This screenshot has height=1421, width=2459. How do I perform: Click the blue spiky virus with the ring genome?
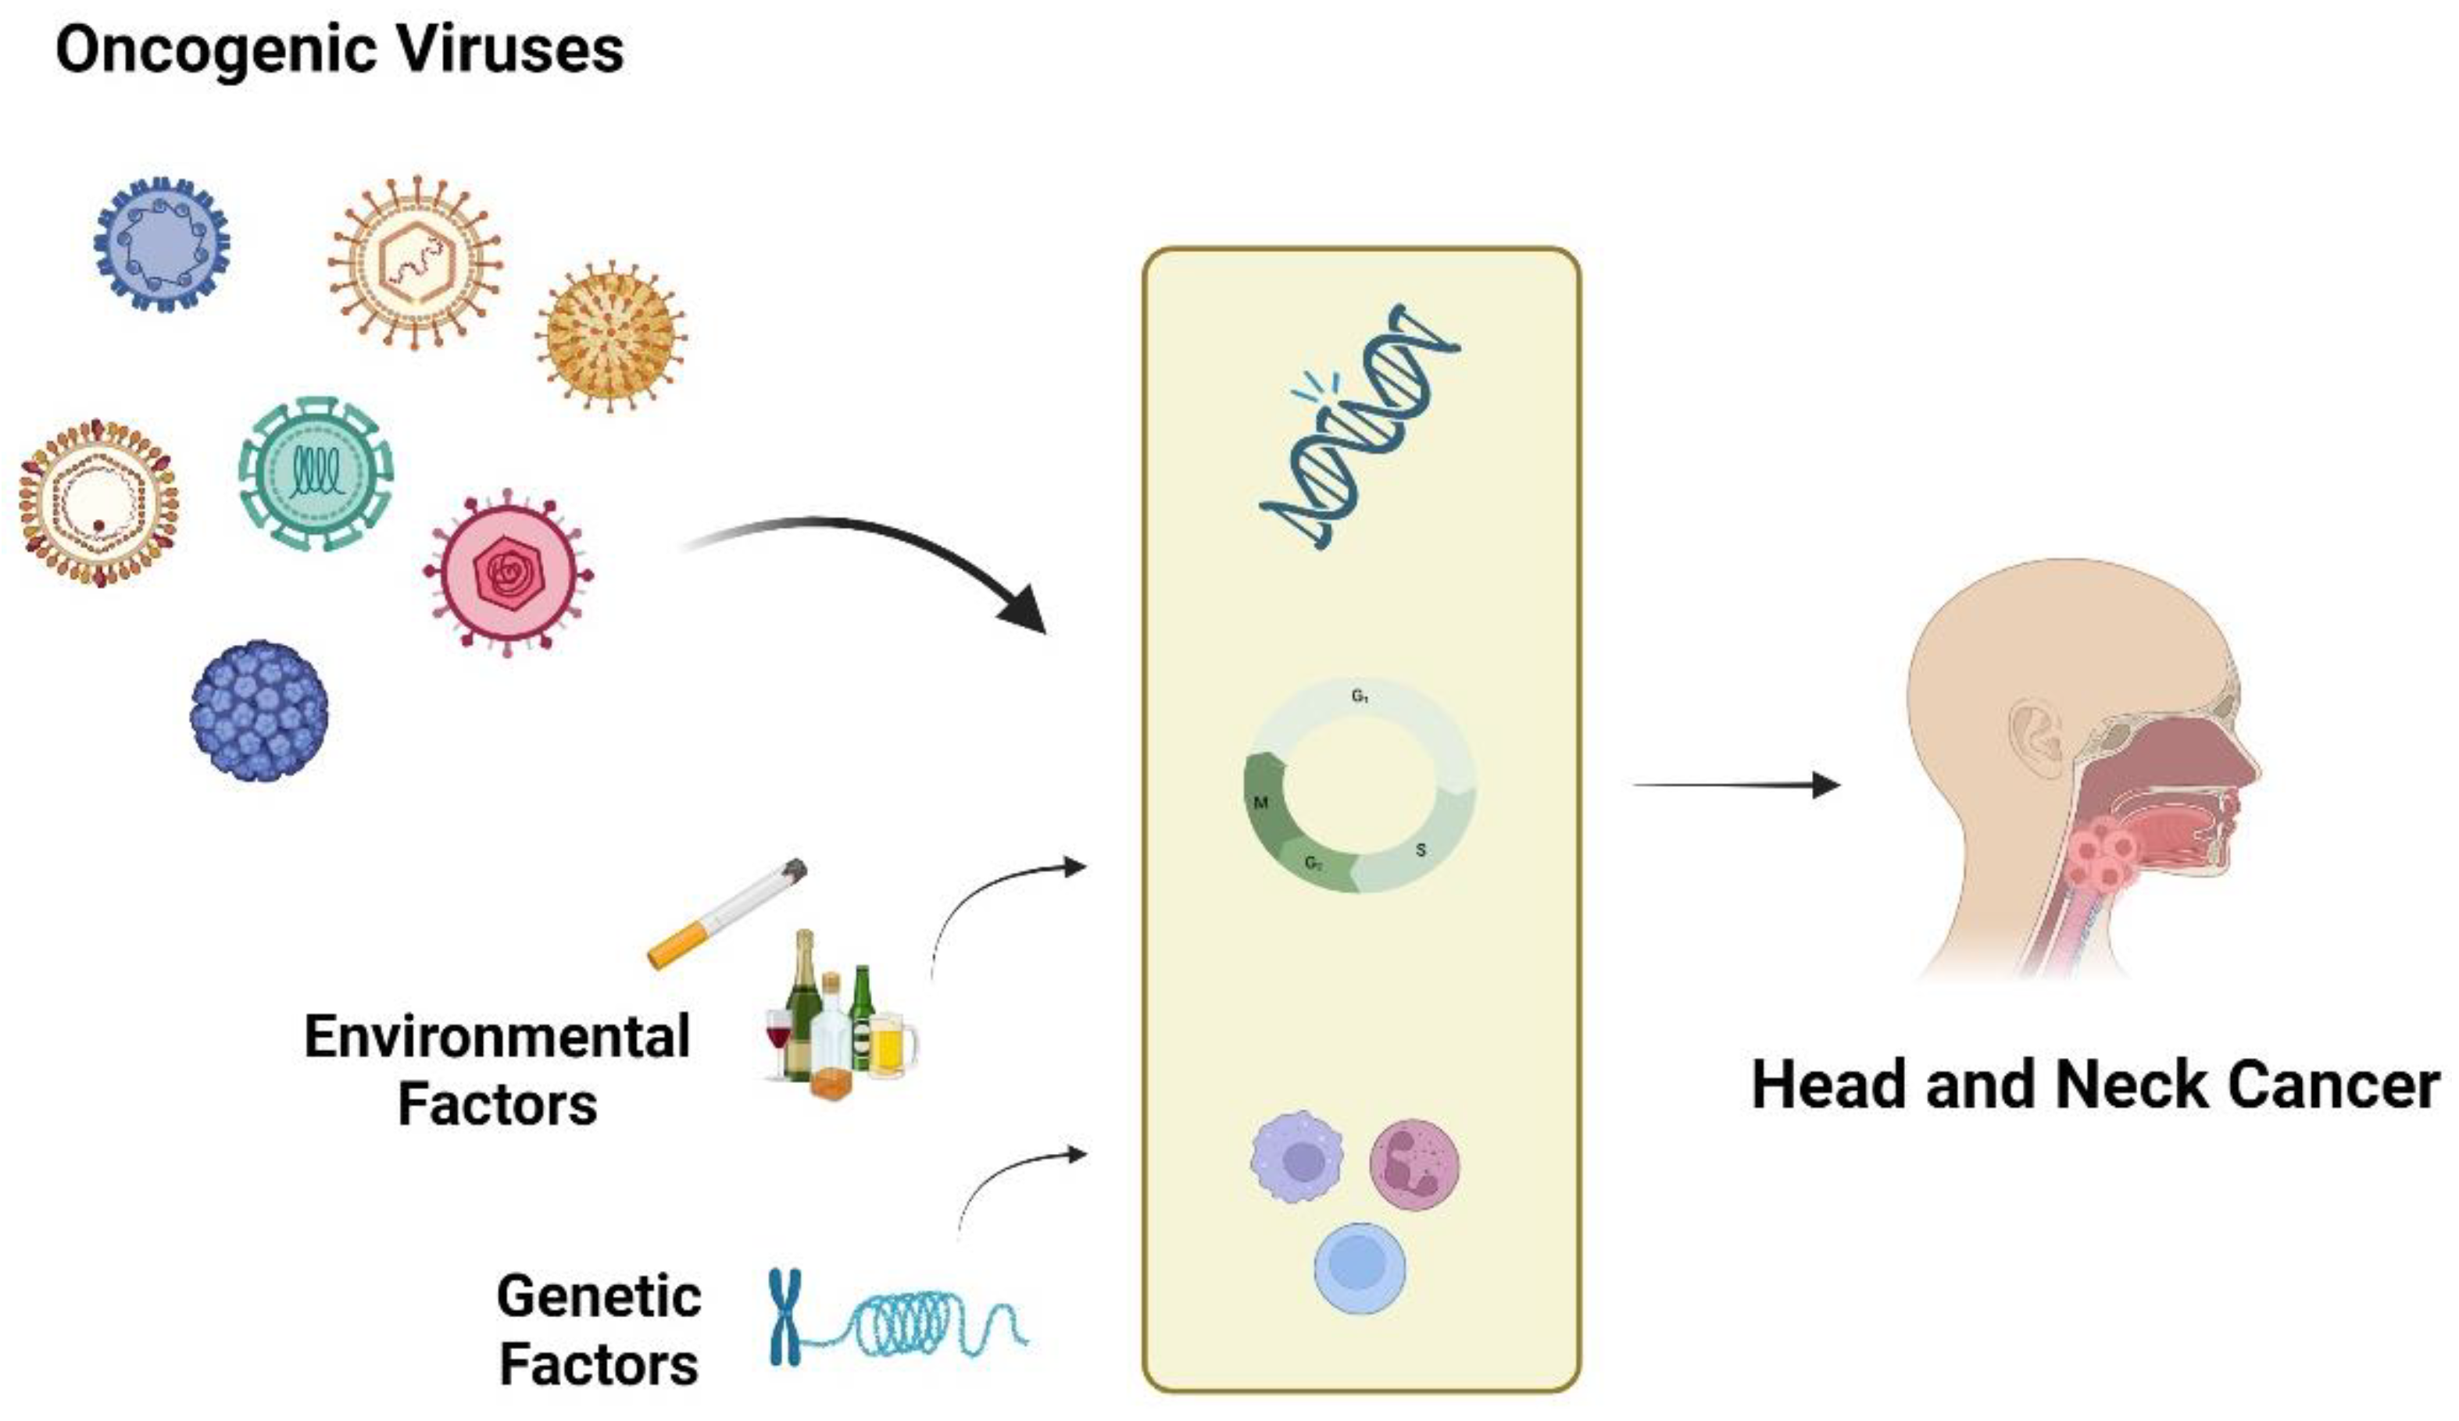(162, 244)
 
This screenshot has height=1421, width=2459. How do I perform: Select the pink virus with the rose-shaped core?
(507, 572)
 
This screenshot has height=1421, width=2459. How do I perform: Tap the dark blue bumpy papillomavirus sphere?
(259, 711)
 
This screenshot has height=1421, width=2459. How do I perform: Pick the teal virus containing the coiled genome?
(315, 473)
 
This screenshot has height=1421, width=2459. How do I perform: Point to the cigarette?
(727, 913)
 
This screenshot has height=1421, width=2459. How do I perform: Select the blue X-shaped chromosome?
(785, 1316)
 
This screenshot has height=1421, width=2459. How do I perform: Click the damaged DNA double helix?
(1360, 426)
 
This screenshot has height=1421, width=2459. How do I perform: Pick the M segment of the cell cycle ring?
(1264, 800)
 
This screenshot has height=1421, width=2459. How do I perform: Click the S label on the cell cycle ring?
(1421, 850)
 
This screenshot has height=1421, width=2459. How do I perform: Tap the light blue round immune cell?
(1360, 1268)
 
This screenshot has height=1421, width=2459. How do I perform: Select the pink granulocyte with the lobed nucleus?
(1415, 1163)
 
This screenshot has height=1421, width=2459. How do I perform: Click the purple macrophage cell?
(1297, 1158)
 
